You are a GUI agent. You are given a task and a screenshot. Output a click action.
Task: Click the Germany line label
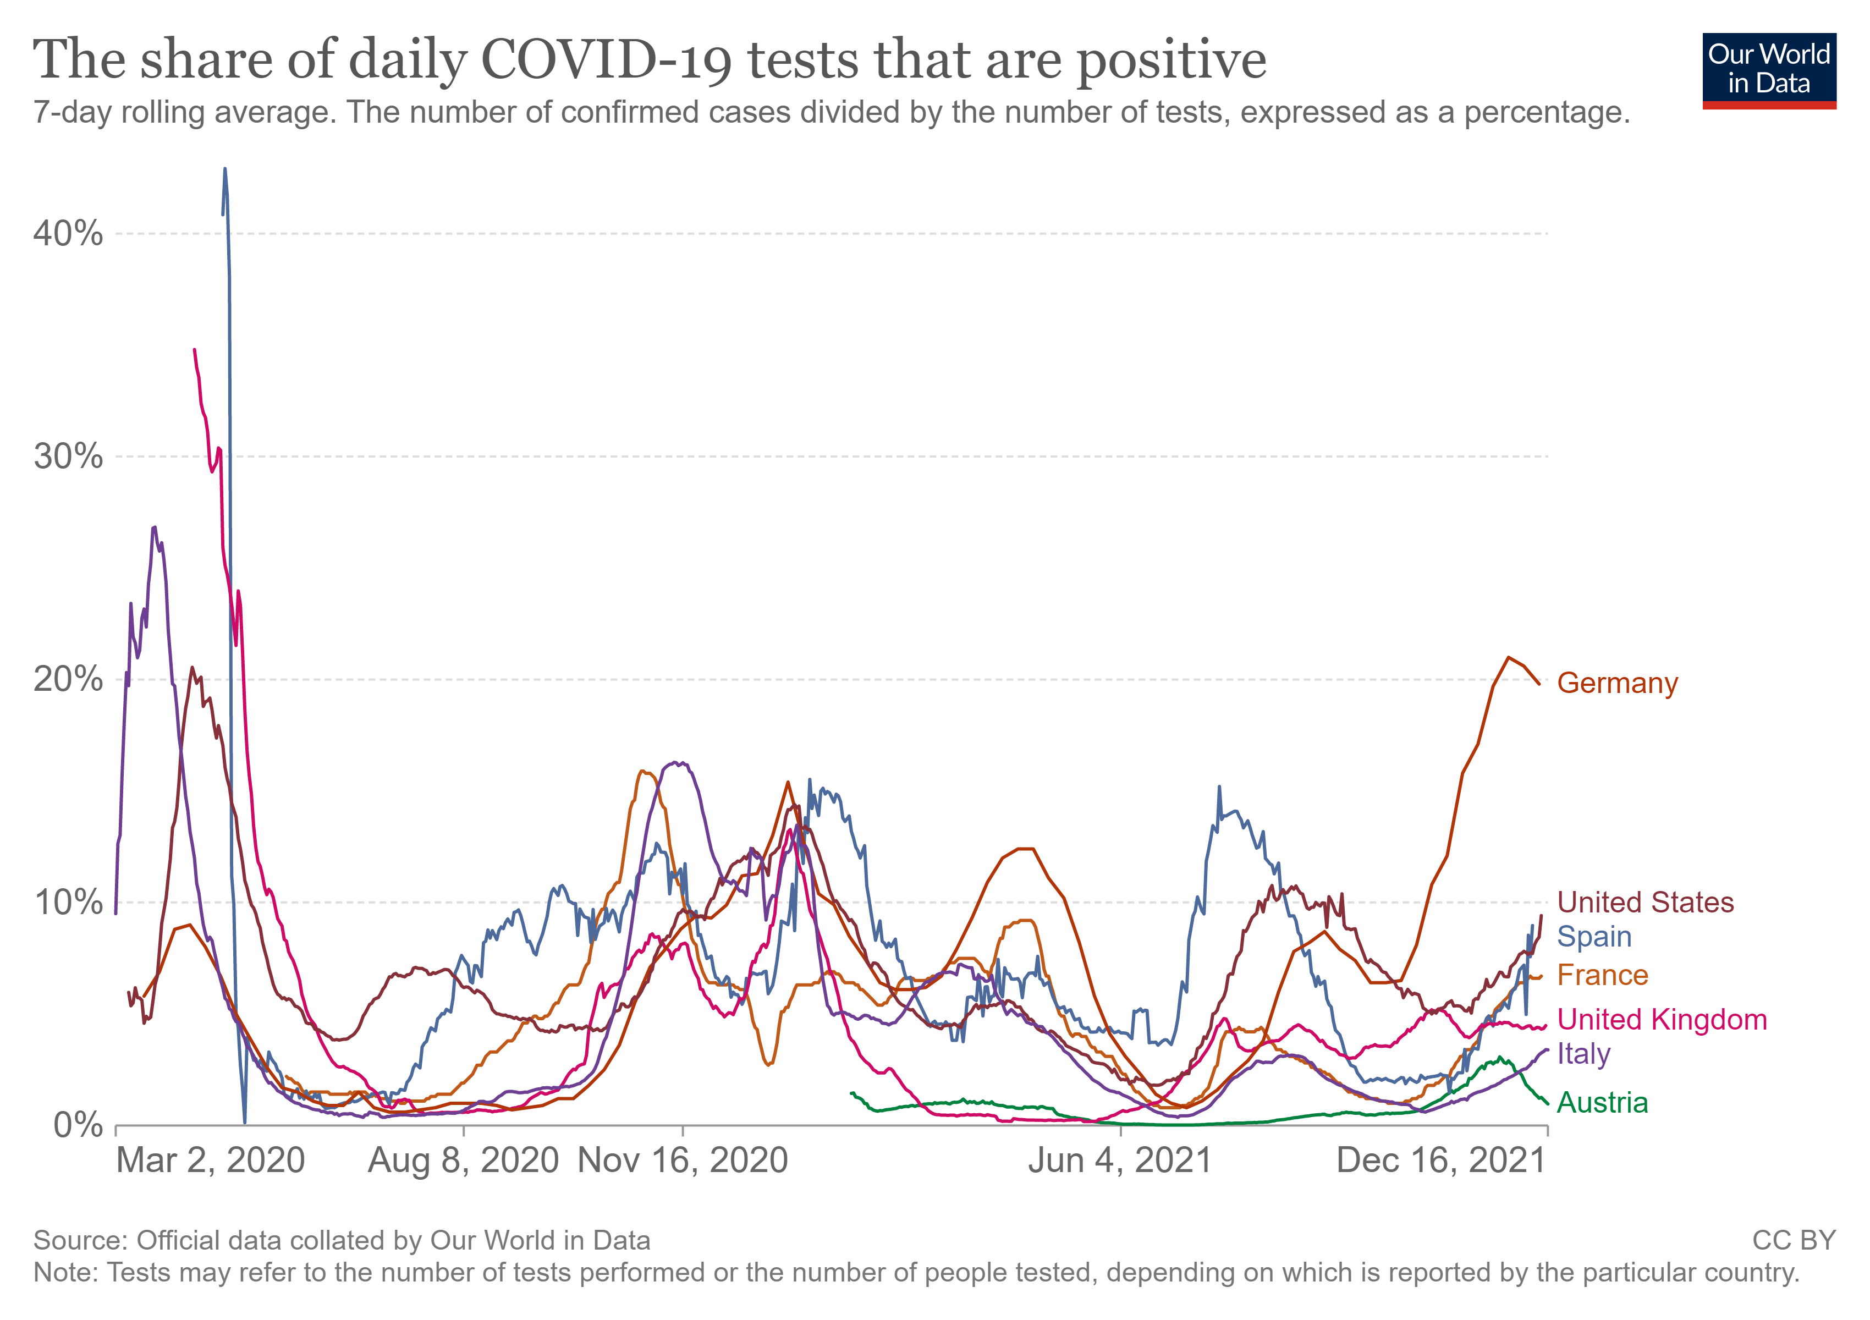tap(1616, 683)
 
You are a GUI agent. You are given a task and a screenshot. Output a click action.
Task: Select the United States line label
tap(1645, 902)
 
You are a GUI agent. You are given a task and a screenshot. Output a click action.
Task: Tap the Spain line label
tap(1594, 937)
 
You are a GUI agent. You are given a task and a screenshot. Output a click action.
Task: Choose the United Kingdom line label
tap(1662, 1020)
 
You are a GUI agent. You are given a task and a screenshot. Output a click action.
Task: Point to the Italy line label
tap(1583, 1054)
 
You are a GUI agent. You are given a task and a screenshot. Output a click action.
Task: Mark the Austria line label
tap(1602, 1103)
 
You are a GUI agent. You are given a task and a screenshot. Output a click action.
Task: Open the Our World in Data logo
tap(1769, 70)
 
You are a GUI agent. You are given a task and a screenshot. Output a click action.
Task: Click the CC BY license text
tap(1794, 1240)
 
